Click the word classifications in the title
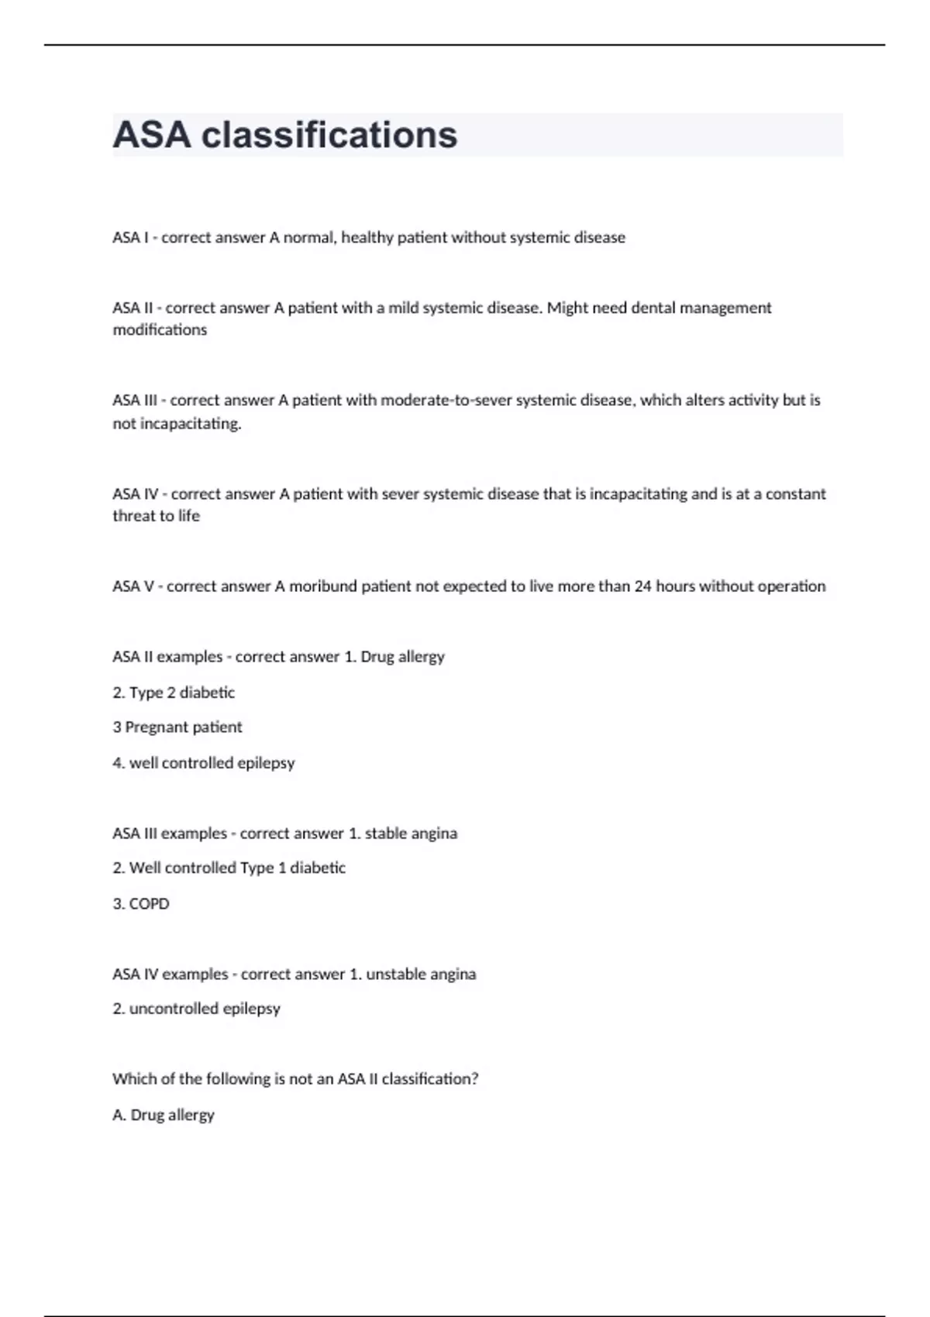pos(329,135)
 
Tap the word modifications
pos(160,330)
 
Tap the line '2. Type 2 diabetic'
pos(174,693)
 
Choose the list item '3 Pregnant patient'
pos(177,727)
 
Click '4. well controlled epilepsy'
pos(204,763)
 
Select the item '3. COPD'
pos(141,904)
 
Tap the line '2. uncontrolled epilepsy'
pos(196,1009)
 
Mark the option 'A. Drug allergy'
pos(164,1115)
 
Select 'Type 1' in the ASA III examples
pos(263,868)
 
